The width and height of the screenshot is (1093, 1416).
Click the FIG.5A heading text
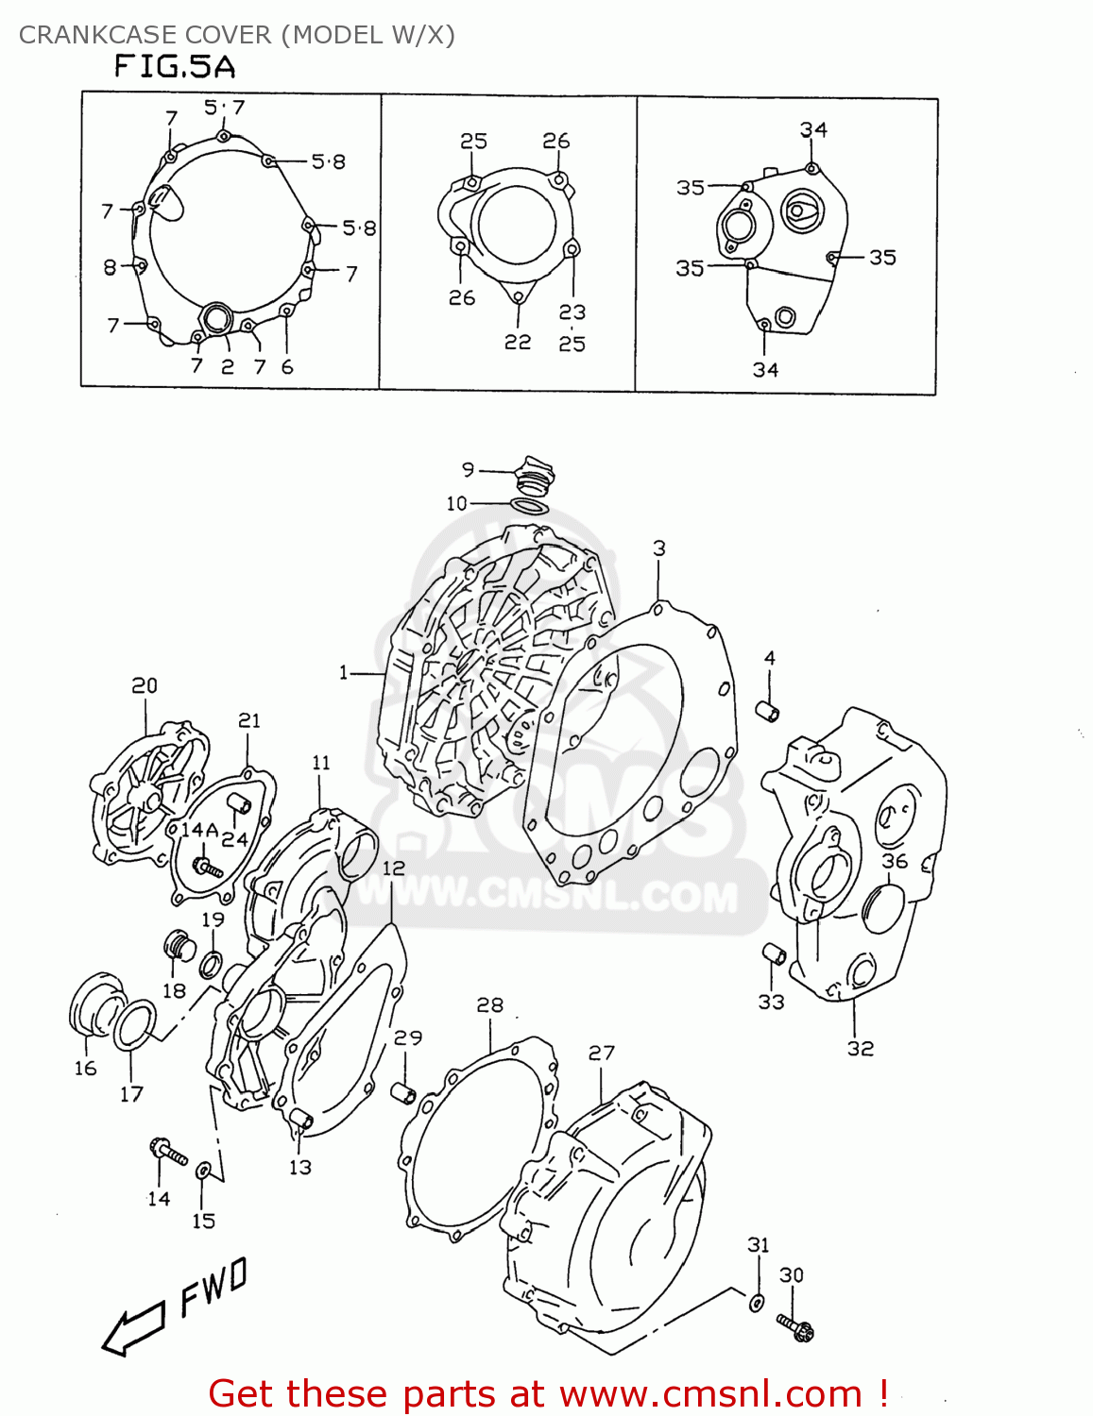[x=175, y=66]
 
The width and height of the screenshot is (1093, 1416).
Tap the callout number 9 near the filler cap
[x=468, y=469]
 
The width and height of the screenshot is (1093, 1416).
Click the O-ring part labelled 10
[x=530, y=507]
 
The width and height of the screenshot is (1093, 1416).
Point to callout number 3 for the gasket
[x=659, y=548]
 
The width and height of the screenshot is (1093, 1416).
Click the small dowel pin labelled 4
[x=769, y=710]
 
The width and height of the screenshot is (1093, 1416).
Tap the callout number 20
[x=145, y=686]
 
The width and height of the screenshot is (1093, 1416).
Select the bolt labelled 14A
[x=206, y=866]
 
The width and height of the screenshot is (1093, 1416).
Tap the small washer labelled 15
[x=203, y=1172]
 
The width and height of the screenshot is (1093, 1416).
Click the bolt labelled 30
[x=796, y=1326]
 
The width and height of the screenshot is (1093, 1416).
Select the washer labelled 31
[x=757, y=1303]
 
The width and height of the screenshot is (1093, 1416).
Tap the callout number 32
[x=860, y=1049]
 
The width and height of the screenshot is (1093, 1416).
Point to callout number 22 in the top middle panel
[x=517, y=343]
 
